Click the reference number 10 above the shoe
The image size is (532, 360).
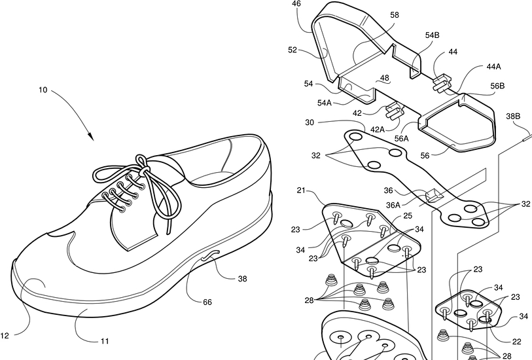point(42,90)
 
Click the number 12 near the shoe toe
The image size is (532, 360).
point(5,336)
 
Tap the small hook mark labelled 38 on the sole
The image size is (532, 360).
point(209,258)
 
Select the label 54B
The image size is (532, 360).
point(432,35)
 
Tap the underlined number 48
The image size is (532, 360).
point(385,78)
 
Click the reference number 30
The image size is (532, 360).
point(310,122)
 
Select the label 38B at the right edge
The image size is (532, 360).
point(513,117)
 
